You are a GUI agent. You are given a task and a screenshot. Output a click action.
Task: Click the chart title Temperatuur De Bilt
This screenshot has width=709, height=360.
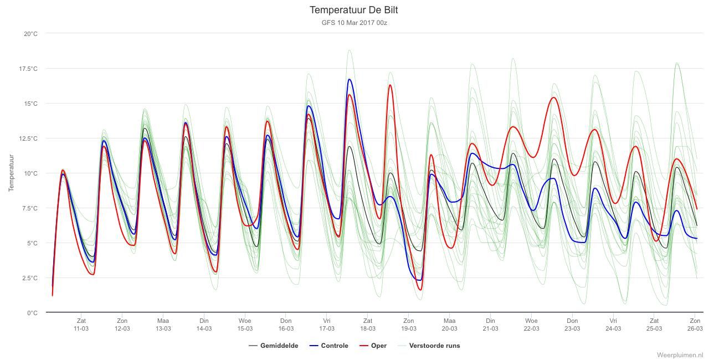[353, 10]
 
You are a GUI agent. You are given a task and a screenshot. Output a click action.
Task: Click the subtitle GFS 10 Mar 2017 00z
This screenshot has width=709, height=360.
[354, 23]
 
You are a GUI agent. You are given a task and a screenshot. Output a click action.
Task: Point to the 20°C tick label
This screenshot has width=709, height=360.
[30, 34]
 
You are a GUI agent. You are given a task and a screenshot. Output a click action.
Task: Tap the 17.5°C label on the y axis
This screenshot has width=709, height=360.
[28, 69]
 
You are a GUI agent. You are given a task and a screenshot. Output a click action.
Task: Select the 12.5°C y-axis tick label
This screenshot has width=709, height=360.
[28, 138]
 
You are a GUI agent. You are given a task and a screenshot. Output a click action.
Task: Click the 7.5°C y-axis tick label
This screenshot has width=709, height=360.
[30, 208]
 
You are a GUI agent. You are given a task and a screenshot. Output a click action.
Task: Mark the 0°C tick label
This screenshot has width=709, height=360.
[32, 313]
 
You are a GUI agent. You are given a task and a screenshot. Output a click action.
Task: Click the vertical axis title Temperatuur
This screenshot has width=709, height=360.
[12, 173]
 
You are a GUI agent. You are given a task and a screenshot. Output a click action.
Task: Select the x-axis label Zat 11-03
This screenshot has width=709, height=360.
[81, 325]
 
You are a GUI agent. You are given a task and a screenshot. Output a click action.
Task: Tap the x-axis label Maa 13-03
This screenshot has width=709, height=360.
[163, 325]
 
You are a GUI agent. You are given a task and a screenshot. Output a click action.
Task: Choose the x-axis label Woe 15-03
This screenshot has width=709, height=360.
[245, 325]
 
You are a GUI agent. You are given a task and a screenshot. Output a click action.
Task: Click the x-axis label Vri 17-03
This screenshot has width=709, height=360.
[327, 325]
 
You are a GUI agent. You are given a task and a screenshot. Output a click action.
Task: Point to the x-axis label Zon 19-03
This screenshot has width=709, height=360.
[409, 325]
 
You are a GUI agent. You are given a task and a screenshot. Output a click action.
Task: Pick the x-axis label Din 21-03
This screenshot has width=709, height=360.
[490, 325]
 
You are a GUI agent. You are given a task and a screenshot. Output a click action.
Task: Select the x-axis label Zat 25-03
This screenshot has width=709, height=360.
[654, 325]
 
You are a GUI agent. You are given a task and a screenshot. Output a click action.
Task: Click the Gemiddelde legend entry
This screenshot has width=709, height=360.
[274, 346]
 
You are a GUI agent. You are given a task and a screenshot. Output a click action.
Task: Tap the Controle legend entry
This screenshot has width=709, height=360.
[328, 346]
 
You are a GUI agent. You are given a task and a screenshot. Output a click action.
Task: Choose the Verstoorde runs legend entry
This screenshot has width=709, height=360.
[429, 346]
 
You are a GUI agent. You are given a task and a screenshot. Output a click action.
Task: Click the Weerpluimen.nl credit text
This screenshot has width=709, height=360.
[681, 355]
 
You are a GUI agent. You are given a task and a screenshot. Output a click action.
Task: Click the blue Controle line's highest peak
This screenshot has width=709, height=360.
[350, 79]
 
